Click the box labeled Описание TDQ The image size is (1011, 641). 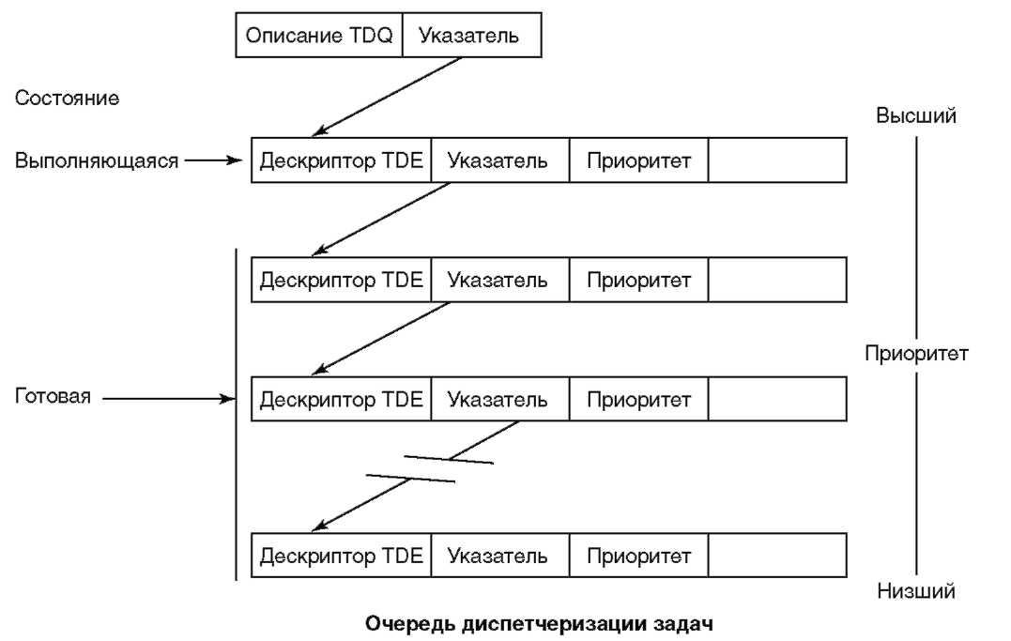(318, 37)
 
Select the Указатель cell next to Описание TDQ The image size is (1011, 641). (472, 37)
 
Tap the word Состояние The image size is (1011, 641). (67, 99)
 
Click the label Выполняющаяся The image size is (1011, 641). (97, 160)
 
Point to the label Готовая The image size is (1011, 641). (53, 397)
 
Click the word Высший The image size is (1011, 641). (916, 116)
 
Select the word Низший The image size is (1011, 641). (916, 591)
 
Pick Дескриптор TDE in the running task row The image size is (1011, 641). (342, 160)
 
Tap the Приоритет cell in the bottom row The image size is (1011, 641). (638, 556)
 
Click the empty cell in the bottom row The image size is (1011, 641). (777, 556)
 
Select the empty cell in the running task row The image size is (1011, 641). (777, 160)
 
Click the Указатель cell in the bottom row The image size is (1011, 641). (498, 556)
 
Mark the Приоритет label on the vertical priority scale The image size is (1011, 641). (916, 355)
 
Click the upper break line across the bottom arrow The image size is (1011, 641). (448, 459)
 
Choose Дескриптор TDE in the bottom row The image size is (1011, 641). (342, 556)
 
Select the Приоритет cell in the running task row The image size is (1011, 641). (638, 160)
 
